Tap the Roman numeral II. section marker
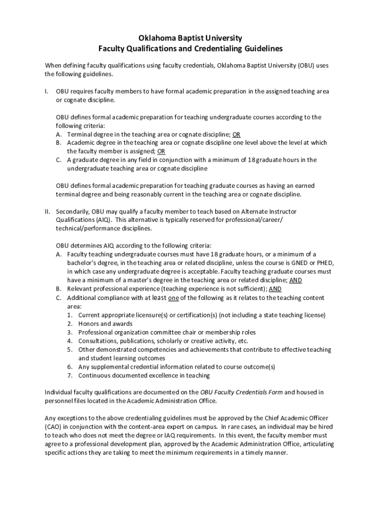pos(48,211)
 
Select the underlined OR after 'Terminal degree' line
pos(237,134)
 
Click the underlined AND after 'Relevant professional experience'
pos(275,289)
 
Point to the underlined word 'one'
pos(174,298)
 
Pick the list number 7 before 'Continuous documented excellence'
pos(70,376)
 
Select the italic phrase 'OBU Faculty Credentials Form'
pos(241,392)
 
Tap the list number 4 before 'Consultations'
pos(70,341)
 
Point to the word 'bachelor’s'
pos(83,263)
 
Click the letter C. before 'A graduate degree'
pos(59,160)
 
